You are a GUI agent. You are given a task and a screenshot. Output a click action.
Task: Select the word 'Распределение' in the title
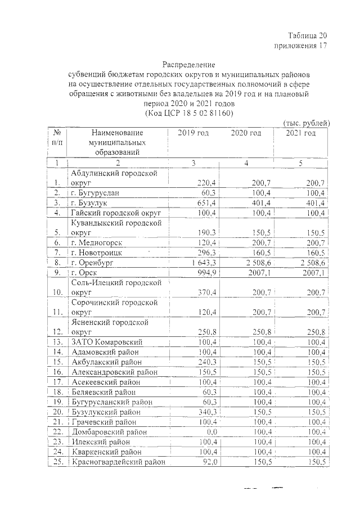[189, 65]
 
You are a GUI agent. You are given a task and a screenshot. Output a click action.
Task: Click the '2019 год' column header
[193, 133]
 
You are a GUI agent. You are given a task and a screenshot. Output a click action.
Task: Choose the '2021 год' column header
[301, 133]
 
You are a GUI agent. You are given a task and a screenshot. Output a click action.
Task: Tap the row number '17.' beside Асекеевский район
[57, 381]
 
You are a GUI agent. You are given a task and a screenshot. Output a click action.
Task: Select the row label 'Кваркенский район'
[109, 452]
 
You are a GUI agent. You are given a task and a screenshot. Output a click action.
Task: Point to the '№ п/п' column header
[56, 138]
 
